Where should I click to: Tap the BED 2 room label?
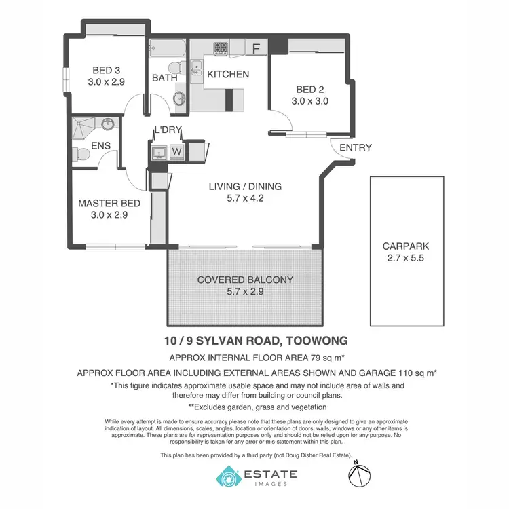(309, 89)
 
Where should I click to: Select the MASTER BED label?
(109, 203)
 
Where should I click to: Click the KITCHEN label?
(228, 74)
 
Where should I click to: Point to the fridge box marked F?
(256, 48)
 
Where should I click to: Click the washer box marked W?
(176, 151)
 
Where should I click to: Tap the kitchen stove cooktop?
(221, 48)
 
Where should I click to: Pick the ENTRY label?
(355, 147)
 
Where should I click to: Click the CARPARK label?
(405, 246)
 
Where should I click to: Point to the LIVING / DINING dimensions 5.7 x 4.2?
(245, 198)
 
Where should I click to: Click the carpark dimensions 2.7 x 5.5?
(405, 259)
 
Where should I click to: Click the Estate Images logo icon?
(227, 476)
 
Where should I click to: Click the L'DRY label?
(167, 130)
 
